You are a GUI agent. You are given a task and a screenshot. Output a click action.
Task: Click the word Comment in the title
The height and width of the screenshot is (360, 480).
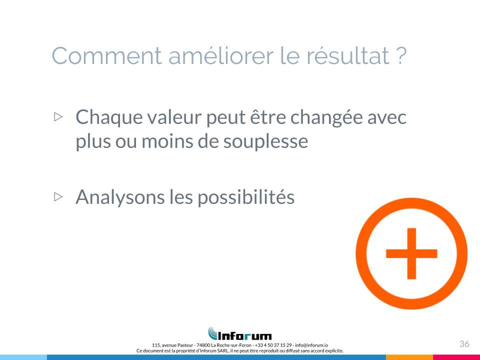click(x=106, y=55)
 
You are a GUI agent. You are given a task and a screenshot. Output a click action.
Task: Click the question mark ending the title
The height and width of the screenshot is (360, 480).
click(x=401, y=55)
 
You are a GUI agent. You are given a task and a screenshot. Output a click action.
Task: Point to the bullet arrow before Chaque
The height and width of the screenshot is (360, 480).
click(x=58, y=116)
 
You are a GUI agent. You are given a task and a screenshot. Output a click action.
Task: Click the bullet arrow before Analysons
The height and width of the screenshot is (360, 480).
click(x=58, y=196)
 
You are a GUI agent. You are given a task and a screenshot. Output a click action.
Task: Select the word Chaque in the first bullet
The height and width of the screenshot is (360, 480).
click(x=109, y=118)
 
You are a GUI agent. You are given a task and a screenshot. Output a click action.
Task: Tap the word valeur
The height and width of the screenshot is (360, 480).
click(x=174, y=117)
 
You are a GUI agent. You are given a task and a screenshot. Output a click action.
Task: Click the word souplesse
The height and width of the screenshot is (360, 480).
click(x=265, y=142)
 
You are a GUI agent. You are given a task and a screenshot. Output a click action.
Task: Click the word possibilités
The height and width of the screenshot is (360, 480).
click(x=246, y=197)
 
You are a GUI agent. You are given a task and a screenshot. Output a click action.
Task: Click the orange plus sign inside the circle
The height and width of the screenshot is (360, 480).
click(x=411, y=253)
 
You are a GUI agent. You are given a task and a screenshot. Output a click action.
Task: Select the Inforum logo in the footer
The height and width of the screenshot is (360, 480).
click(x=240, y=333)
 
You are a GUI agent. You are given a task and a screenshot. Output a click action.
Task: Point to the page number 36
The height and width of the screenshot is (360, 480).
click(x=464, y=344)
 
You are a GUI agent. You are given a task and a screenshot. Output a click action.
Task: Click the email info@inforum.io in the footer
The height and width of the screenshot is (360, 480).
click(x=311, y=345)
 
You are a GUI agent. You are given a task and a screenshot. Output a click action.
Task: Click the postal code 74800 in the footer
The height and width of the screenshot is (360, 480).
click(x=203, y=345)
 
